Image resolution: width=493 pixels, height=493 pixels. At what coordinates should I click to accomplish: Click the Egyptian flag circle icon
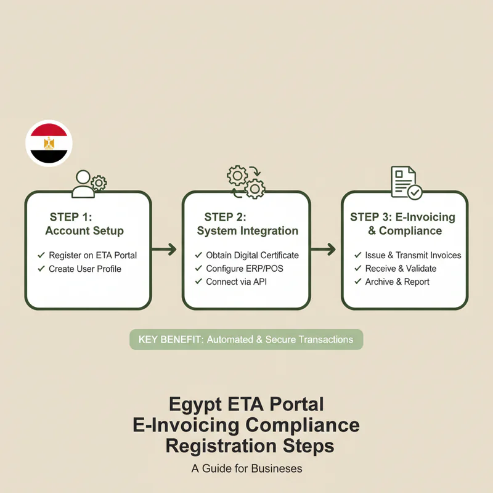(49, 143)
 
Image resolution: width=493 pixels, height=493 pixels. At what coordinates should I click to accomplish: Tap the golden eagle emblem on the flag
(49, 144)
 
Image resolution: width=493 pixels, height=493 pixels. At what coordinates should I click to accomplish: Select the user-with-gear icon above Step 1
(89, 184)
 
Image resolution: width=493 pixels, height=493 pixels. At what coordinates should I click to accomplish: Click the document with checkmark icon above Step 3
(406, 182)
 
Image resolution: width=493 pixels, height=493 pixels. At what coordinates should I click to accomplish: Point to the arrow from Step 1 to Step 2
(164, 250)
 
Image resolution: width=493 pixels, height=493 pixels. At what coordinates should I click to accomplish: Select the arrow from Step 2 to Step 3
(323, 250)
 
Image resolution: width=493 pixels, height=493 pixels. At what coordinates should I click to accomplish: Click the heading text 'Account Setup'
(84, 230)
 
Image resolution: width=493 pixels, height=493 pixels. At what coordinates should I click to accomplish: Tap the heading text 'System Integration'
(248, 230)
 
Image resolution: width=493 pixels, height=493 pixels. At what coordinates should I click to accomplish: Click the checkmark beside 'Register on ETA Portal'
(41, 255)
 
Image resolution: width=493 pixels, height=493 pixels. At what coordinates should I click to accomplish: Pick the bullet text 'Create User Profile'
(85, 269)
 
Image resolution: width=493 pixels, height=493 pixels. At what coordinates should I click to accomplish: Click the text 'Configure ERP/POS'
(245, 269)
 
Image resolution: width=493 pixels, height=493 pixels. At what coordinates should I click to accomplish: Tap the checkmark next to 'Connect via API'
(198, 282)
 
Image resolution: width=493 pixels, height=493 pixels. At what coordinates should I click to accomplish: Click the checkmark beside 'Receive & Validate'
(358, 268)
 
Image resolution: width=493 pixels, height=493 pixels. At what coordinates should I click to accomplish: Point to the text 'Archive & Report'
(397, 282)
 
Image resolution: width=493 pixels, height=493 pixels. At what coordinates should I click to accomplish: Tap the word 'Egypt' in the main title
(195, 404)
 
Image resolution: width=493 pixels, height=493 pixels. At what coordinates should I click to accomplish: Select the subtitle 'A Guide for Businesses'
(247, 468)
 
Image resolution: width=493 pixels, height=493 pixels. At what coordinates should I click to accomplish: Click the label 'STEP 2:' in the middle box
(225, 217)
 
